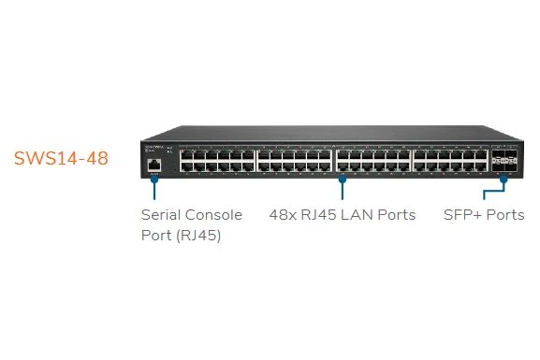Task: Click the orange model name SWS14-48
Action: pyautogui.click(x=61, y=158)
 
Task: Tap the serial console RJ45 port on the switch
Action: pyautogui.click(x=153, y=166)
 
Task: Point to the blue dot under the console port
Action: pyautogui.click(x=154, y=179)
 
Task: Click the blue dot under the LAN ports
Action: pyautogui.click(x=342, y=179)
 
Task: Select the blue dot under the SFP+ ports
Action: pyautogui.click(x=504, y=179)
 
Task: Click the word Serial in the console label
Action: pyautogui.click(x=160, y=215)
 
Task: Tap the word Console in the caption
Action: pyautogui.click(x=213, y=215)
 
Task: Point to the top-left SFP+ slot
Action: pyautogui.click(x=498, y=153)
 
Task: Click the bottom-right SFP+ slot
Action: pyautogui.click(x=511, y=167)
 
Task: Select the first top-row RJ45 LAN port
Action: pyautogui.click(x=186, y=155)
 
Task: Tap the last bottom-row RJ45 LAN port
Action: pyautogui.click(x=481, y=167)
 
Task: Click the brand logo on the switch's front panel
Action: pyautogui.click(x=153, y=148)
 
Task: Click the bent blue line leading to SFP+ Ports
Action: pyautogui.click(x=494, y=190)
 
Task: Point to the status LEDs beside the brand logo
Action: pyautogui.click(x=169, y=150)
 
